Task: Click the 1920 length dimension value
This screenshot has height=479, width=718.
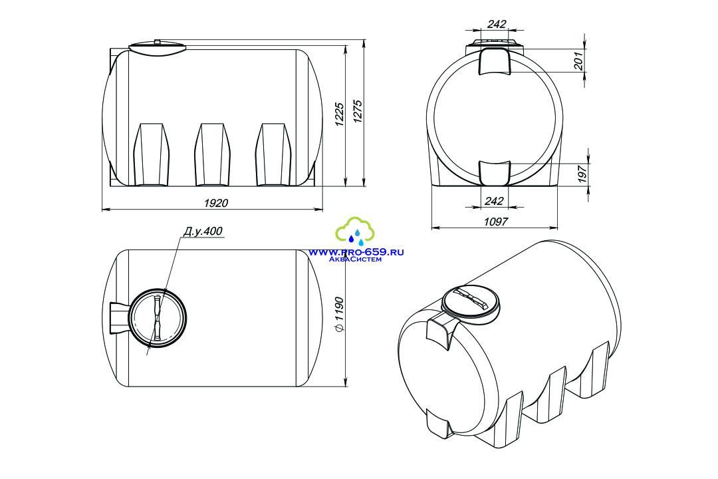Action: coord(215,202)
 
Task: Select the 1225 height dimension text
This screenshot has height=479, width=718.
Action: coord(339,114)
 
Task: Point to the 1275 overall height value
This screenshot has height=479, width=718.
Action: coord(358,111)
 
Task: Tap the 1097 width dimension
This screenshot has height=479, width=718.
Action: coord(495,222)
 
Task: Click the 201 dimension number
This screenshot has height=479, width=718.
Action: coord(579,61)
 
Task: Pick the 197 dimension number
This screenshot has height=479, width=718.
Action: coord(582,175)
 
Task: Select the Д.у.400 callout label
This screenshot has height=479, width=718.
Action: coord(203,231)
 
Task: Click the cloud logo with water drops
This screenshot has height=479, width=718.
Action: coord(355,232)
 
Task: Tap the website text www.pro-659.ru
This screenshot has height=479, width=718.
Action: coord(356,252)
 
